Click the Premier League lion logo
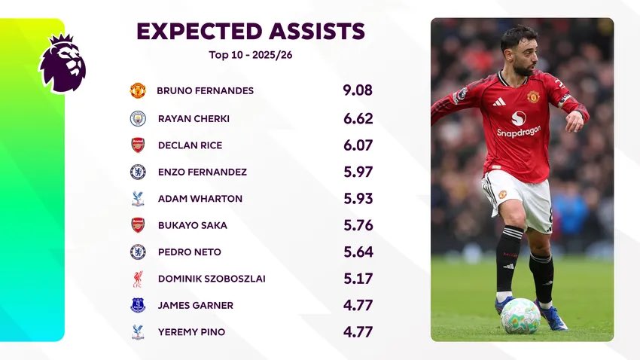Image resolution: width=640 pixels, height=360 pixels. coord(62,63)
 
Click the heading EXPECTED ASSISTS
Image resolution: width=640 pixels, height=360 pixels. coord(250,31)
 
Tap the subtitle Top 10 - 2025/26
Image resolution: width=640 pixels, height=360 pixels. coord(250,54)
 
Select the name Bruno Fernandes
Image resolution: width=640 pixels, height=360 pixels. coord(205,91)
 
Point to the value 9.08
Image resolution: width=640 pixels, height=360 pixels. coord(358,91)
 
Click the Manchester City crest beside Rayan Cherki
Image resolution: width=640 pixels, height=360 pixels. coord(138,118)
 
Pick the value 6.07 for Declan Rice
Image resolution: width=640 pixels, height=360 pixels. coord(358,145)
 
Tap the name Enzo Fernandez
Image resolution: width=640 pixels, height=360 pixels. coord(202,172)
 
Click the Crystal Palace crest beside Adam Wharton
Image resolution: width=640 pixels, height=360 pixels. coord(138,199)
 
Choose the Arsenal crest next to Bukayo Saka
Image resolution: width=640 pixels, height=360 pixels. coord(138,225)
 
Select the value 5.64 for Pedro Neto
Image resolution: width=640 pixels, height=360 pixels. coord(358,252)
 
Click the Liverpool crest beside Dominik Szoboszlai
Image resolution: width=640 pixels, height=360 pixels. coord(138,279)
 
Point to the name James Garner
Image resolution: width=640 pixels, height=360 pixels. coord(195,306)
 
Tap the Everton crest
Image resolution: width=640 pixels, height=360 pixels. coord(138,306)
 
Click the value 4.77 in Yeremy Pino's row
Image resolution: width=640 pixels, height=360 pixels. coord(358,332)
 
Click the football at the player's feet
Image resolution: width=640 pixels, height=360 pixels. coord(520,316)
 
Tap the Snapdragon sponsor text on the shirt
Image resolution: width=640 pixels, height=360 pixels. coord(518,132)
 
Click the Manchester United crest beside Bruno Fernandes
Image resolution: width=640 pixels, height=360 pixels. coord(138,91)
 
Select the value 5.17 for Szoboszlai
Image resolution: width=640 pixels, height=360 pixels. coord(358,279)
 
